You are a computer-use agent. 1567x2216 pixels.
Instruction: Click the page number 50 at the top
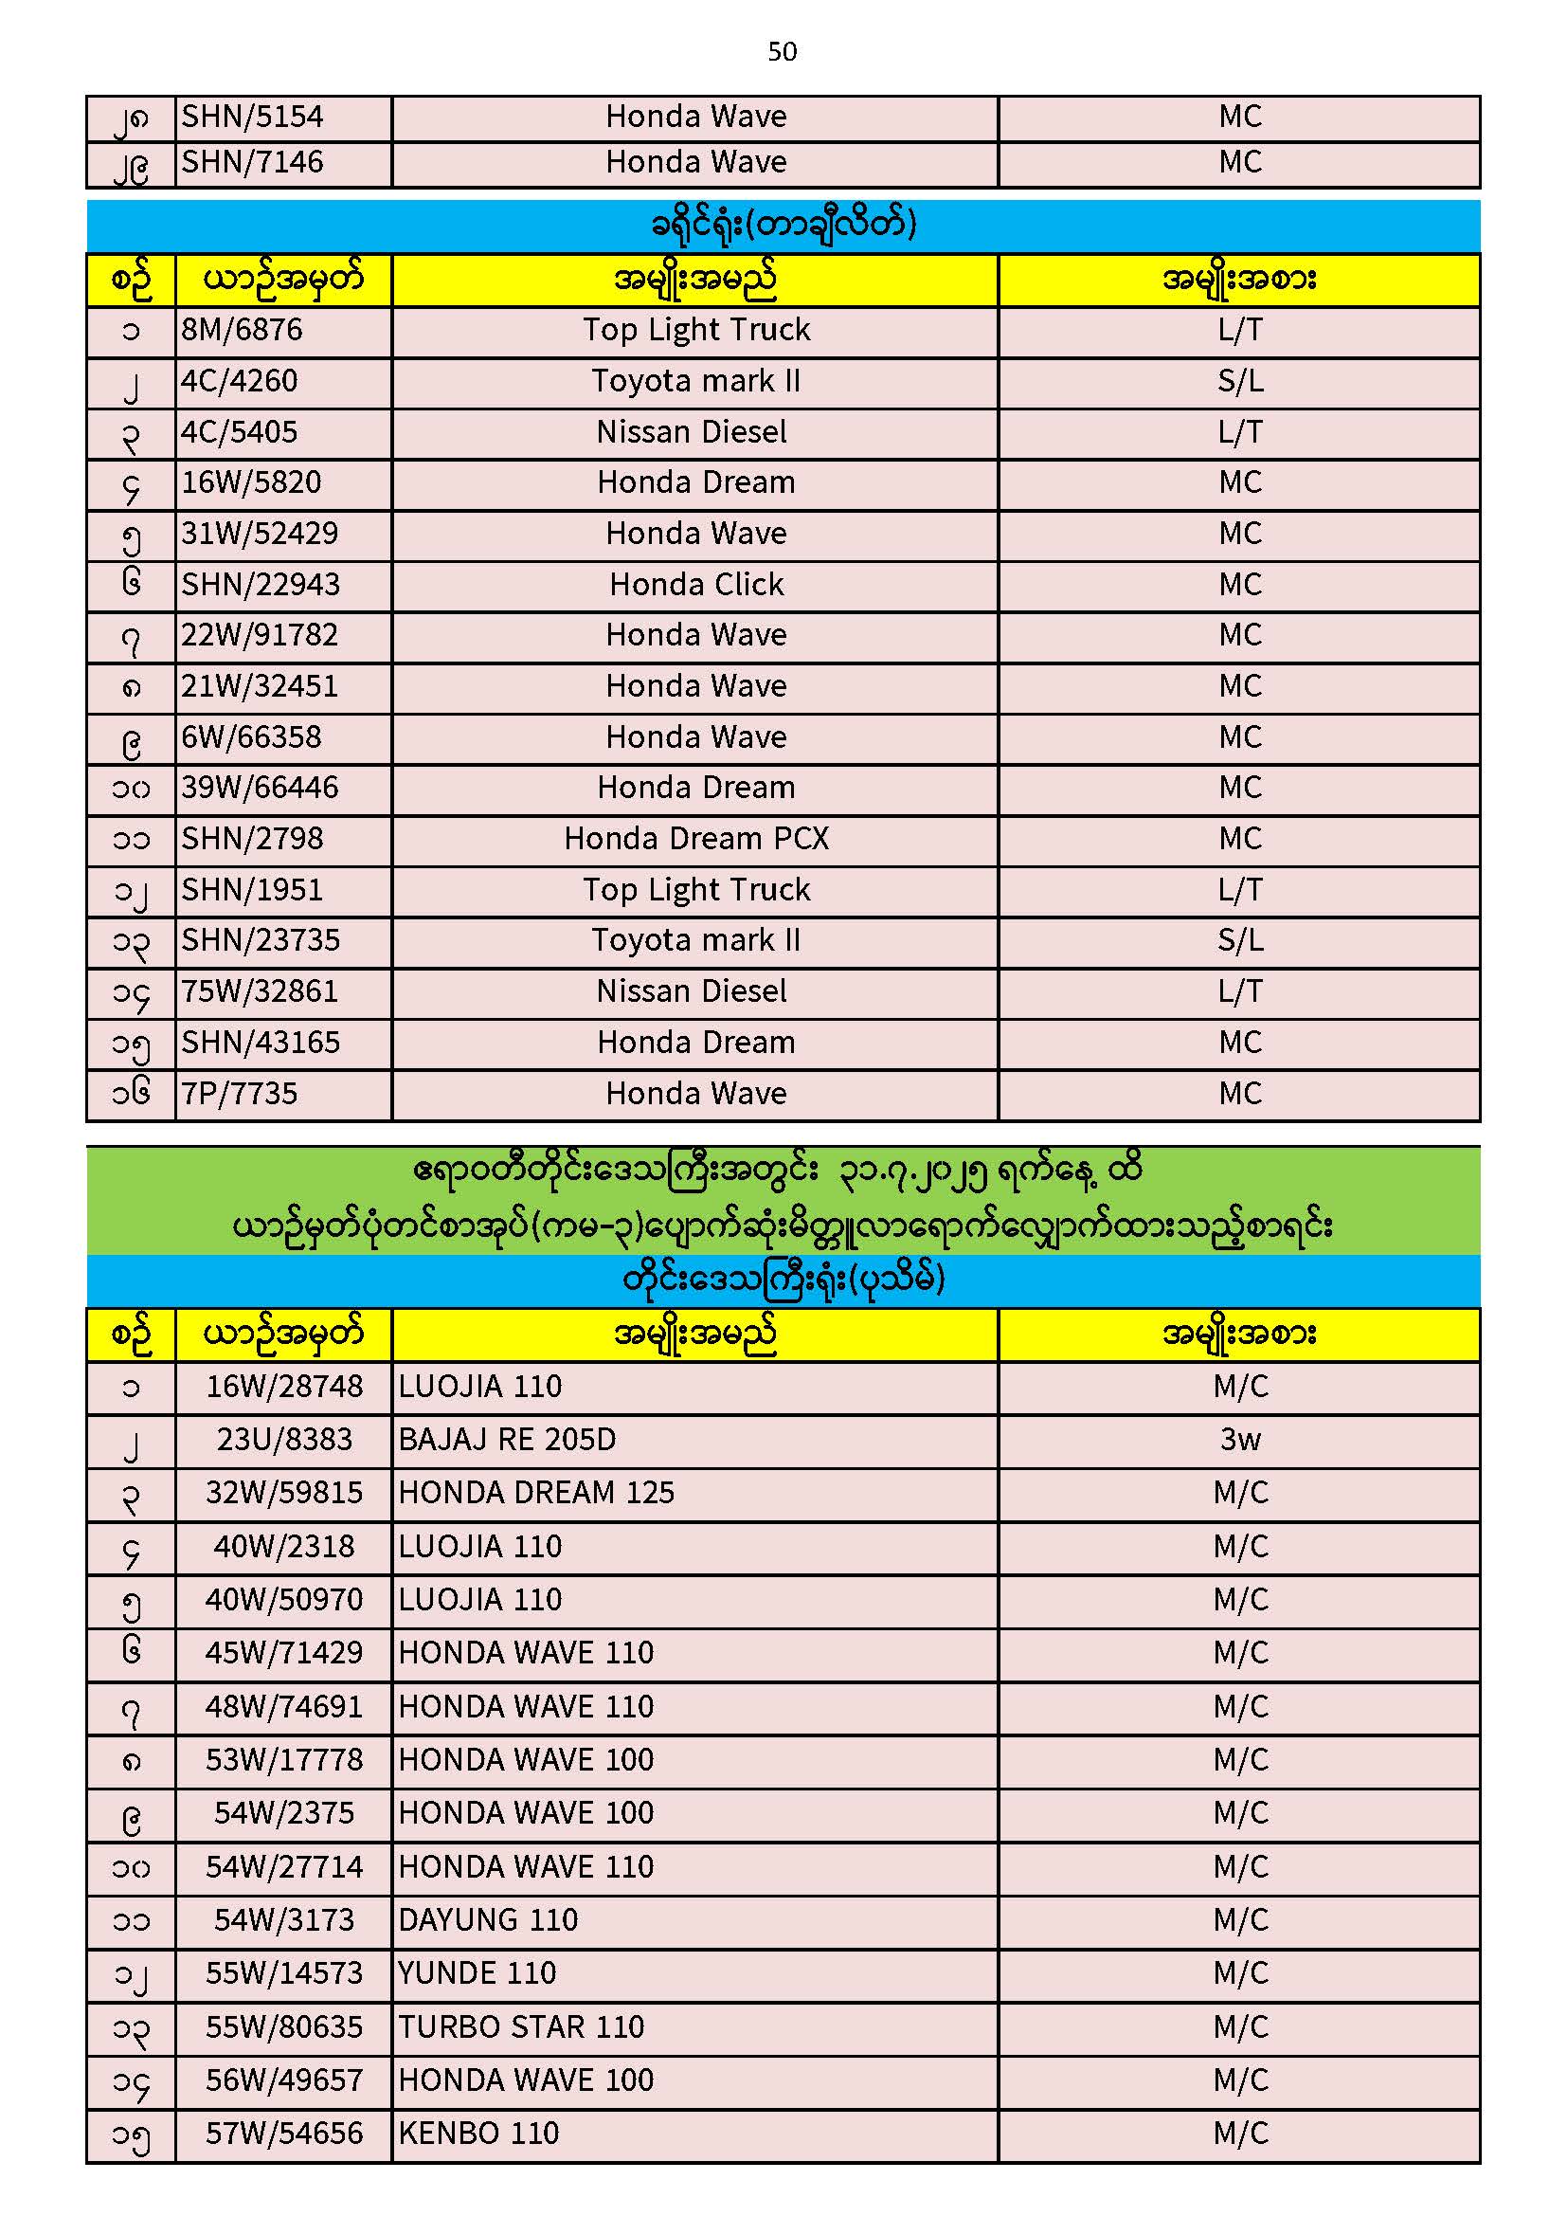pos(783,52)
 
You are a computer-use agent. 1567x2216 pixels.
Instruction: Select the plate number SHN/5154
pos(253,118)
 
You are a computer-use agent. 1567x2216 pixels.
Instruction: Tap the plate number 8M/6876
pos(243,330)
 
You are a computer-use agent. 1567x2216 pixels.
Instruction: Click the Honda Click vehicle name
pos(695,585)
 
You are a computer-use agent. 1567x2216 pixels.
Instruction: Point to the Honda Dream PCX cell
pos(695,839)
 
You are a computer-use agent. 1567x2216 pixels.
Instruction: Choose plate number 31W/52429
pos(261,534)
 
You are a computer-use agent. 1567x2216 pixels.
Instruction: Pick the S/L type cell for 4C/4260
pos(1240,381)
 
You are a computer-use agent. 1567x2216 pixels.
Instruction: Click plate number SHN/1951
pos(253,890)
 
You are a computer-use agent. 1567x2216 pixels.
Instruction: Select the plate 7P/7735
pos(241,1094)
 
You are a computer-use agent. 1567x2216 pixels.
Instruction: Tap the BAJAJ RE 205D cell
pos(508,1440)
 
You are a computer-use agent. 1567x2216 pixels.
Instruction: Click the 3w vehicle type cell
pos(1240,1440)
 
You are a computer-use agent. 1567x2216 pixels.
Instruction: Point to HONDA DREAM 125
pos(536,1493)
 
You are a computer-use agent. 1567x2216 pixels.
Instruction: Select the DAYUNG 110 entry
pos(488,1919)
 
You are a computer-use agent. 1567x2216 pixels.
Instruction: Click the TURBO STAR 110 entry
pos(521,2026)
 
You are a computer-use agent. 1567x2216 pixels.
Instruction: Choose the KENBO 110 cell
pos(479,2133)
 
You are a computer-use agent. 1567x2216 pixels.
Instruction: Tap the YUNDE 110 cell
pos(477,1972)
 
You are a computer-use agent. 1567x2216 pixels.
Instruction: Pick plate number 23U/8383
pos(284,1440)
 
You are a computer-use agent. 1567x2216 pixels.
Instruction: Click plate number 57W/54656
pos(284,2133)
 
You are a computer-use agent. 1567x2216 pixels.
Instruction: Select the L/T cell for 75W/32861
pos(1240,991)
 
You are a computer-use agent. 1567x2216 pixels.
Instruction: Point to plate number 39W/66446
pos(261,788)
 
